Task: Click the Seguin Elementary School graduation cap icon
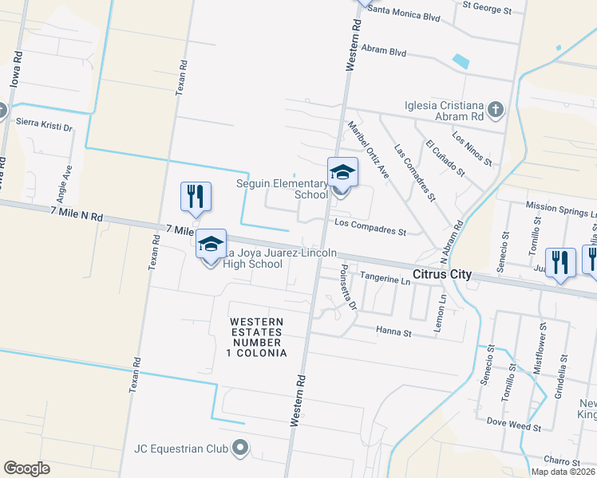pos(342,172)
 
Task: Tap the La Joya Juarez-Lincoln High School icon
pos(211,245)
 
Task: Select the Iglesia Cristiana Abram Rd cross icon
pos(495,110)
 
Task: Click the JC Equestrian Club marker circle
pos(239,449)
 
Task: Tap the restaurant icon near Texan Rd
pos(196,196)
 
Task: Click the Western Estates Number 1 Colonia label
pos(257,337)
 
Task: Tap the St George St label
pos(487,10)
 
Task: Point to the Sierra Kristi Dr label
pos(44,125)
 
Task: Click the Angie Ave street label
pos(69,182)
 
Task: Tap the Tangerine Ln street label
pos(385,280)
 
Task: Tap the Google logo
pos(26,468)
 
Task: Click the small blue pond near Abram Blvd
pos(460,61)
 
